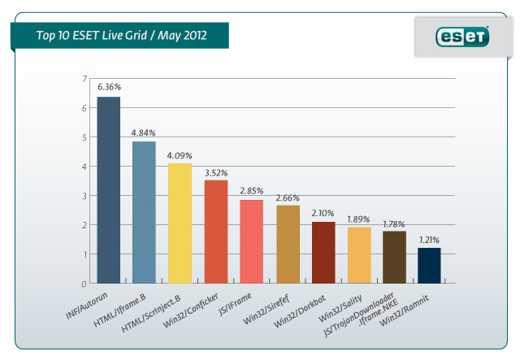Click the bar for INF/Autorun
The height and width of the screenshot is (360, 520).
point(108,190)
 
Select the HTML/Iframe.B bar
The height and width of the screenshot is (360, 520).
point(144,212)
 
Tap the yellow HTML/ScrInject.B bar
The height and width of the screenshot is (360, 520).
point(180,223)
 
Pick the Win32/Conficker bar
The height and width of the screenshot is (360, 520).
point(215,232)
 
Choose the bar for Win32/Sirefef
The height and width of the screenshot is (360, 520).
point(288,244)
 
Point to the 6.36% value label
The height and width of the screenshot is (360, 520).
point(108,88)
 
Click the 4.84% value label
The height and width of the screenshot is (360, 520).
point(144,132)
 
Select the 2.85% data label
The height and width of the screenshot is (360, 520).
point(251,191)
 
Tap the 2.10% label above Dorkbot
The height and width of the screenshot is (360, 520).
point(323,213)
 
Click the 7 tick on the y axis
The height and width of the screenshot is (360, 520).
point(83,79)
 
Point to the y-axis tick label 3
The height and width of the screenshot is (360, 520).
point(83,196)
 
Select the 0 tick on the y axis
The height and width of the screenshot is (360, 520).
point(83,284)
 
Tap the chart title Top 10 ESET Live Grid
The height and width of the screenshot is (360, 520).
point(121,35)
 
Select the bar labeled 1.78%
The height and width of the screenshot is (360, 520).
point(394,257)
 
